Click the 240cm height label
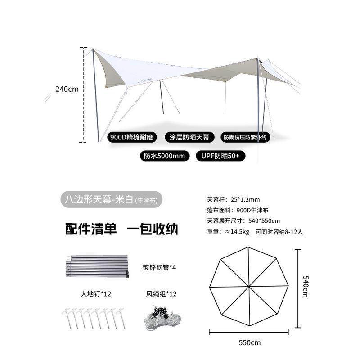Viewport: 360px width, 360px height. coord(67,89)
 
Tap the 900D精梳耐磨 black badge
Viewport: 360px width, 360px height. coord(132,137)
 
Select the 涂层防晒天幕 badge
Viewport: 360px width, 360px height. coord(189,137)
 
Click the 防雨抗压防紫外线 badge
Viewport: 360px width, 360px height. coord(245,137)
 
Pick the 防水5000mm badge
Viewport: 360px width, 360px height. coord(165,156)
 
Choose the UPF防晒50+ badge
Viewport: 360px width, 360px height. coord(220,156)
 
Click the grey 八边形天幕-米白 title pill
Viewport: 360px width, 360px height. coord(111,199)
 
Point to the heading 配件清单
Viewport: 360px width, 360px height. coord(91,229)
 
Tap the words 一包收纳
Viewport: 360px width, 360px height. coord(153,229)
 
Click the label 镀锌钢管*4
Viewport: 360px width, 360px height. coord(159,267)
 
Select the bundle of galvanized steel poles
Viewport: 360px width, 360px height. coord(97,266)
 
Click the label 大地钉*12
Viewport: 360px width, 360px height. coord(96,294)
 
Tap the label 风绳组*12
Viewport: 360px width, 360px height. coord(162,294)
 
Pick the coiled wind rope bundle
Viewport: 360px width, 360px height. coord(162,318)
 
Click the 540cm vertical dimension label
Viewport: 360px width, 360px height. coord(306,287)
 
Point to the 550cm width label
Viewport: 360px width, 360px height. coord(250,343)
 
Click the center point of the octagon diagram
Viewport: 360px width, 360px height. coord(249,287)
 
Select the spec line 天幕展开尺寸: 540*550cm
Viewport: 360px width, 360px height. coord(243,221)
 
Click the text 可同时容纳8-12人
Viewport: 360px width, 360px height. coord(279,232)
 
